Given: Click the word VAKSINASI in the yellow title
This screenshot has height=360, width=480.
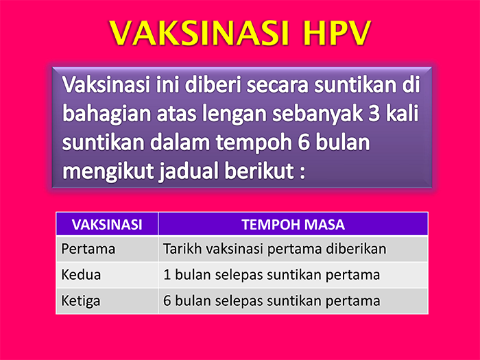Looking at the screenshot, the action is coord(200,33).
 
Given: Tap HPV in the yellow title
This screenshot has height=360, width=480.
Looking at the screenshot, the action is coord(337,33).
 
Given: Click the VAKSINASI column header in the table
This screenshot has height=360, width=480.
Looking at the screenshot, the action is coord(107,224).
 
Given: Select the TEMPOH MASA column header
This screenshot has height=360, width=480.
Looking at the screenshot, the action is coord(293,224).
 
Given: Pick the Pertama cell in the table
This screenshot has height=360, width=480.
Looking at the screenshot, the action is coord(88,249).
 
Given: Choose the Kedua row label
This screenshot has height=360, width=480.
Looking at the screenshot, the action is coord(81,274).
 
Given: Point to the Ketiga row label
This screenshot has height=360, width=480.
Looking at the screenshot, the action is coord(81,301).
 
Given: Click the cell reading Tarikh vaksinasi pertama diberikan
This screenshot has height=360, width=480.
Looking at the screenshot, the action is coord(274,249).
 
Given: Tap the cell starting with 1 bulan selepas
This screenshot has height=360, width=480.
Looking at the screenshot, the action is coord(272,274).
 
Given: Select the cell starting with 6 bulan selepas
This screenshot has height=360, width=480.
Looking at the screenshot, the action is coord(272,300).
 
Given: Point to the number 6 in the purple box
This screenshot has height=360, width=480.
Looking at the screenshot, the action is coord(303,143).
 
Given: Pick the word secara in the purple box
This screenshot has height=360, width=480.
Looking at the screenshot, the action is coord(277,86).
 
